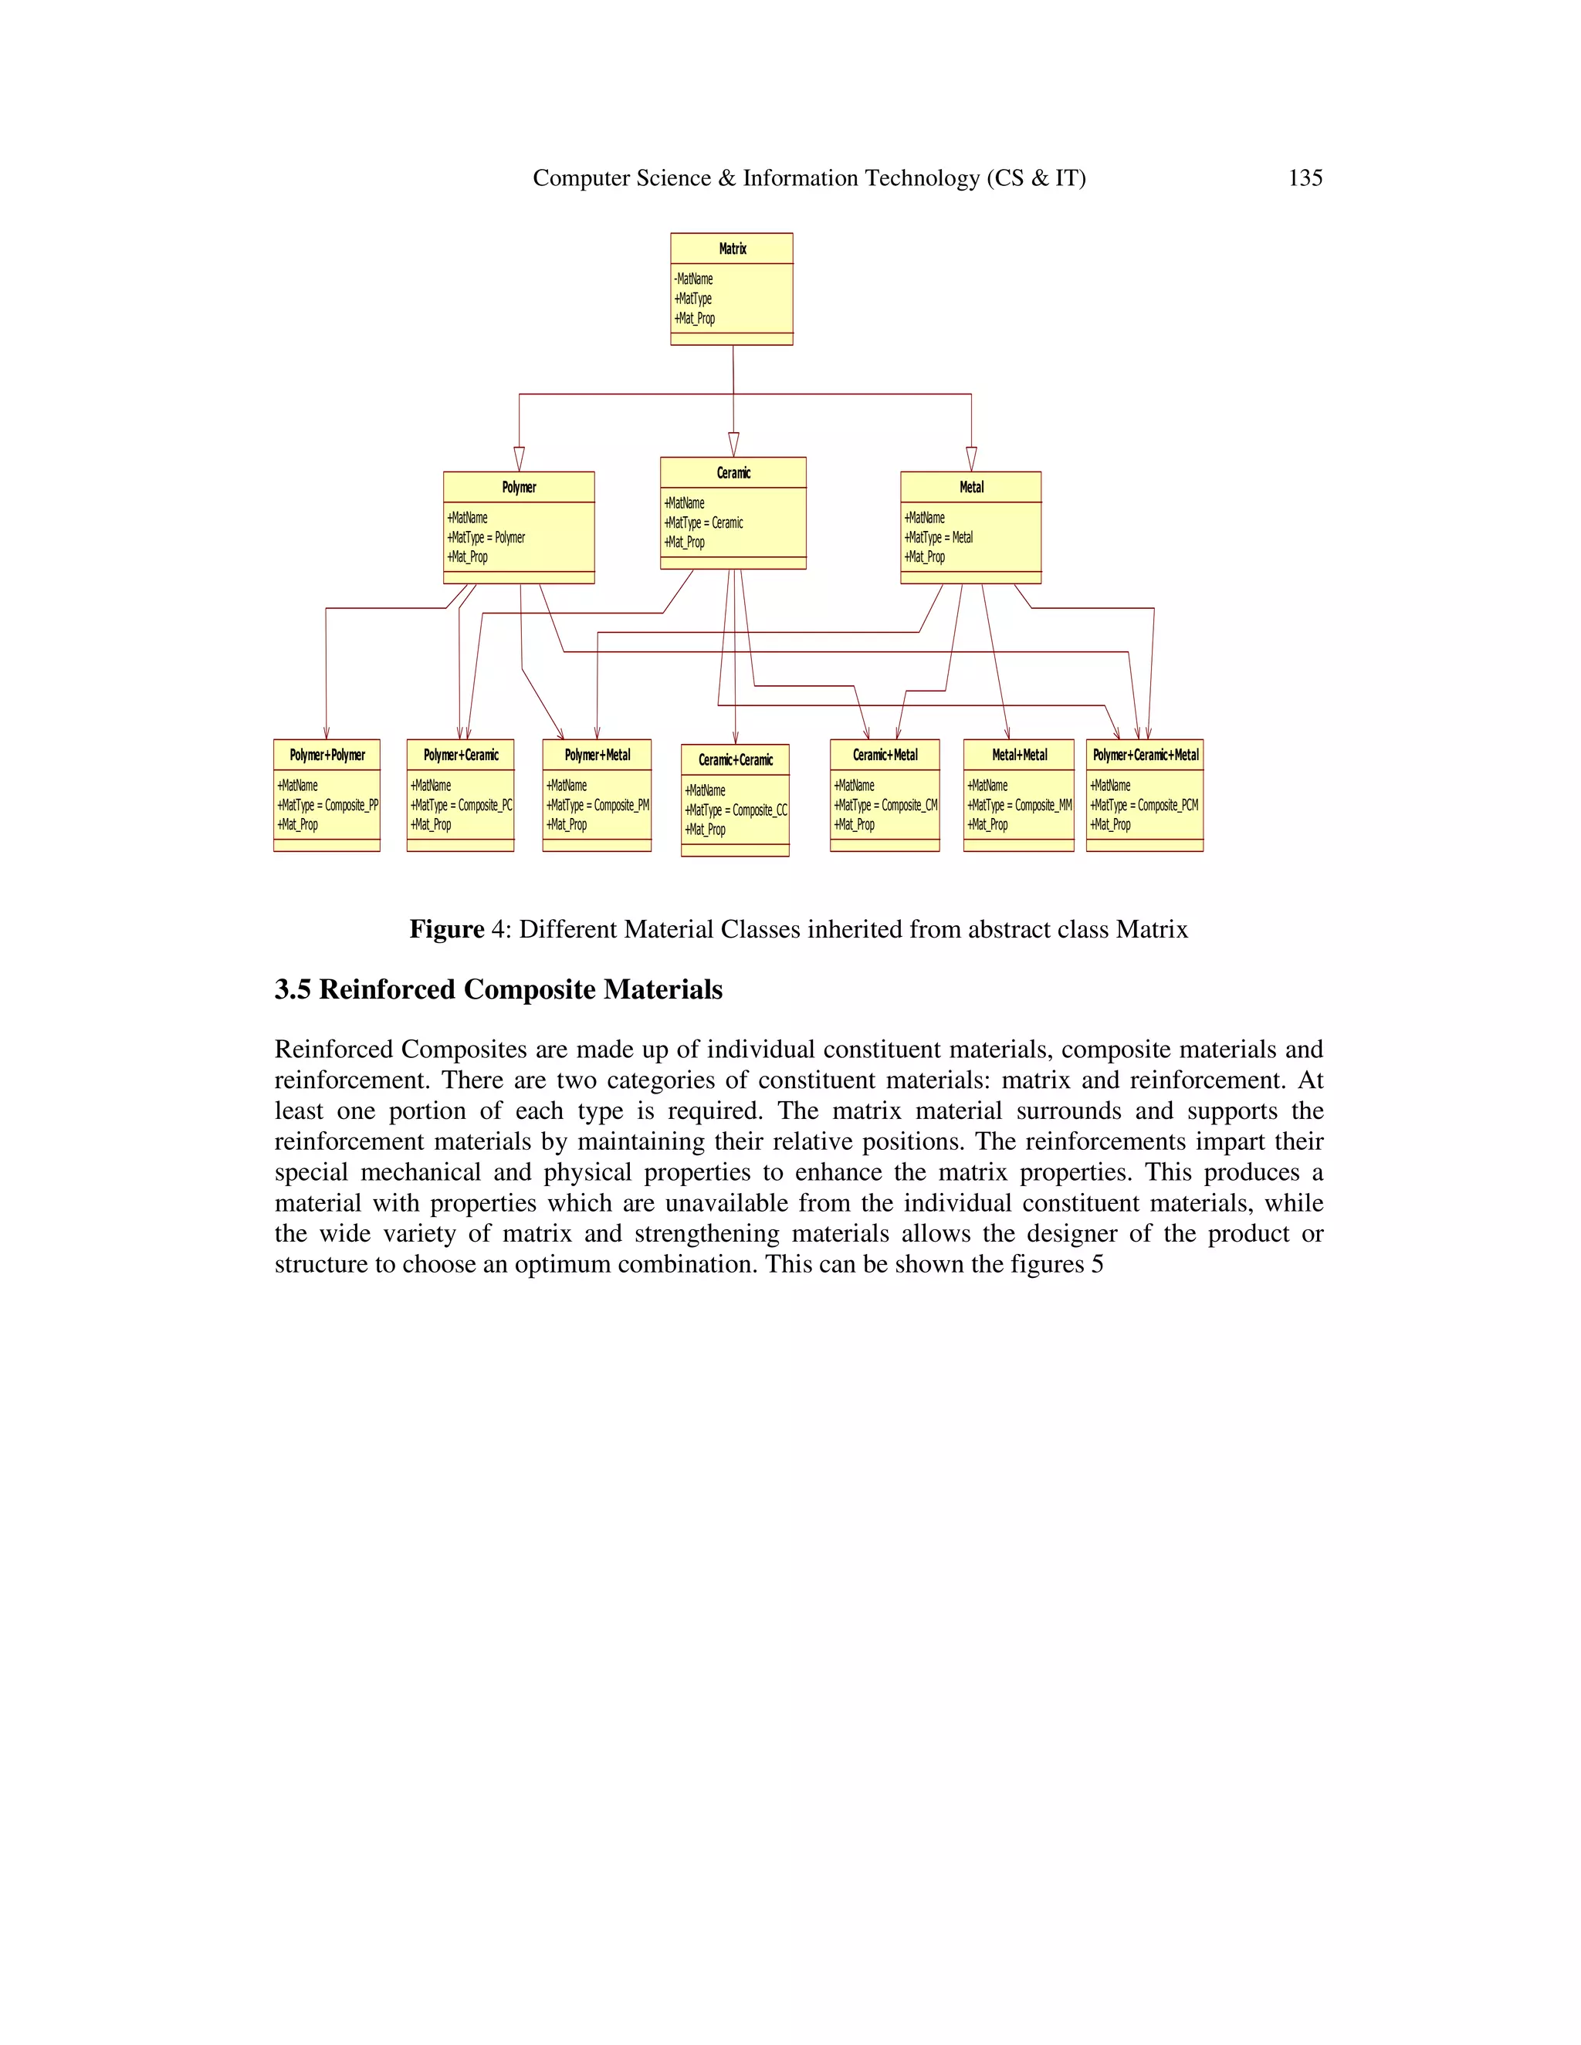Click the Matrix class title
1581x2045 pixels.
pos(733,248)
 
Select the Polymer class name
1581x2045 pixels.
pos(519,487)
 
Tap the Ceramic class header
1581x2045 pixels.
pos(733,473)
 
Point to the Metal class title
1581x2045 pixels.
pos(971,487)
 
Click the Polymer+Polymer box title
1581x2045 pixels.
pos(327,755)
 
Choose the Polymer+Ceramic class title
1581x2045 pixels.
pos(461,755)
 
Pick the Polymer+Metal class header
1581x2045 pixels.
pos(598,755)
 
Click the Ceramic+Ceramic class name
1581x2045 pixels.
pos(735,759)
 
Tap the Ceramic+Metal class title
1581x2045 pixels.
pos(885,755)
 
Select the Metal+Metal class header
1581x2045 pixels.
pos(1019,755)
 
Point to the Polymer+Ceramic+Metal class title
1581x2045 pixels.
pos(1146,755)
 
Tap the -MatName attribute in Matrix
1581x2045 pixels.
pos(694,279)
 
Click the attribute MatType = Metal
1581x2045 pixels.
pos(939,537)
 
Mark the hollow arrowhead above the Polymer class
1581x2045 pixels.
pos(519,459)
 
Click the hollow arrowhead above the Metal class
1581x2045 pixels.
pos(971,459)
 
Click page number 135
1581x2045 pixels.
pos(1305,178)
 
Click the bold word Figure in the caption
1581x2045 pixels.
pos(447,929)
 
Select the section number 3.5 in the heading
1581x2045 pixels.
pos(293,990)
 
